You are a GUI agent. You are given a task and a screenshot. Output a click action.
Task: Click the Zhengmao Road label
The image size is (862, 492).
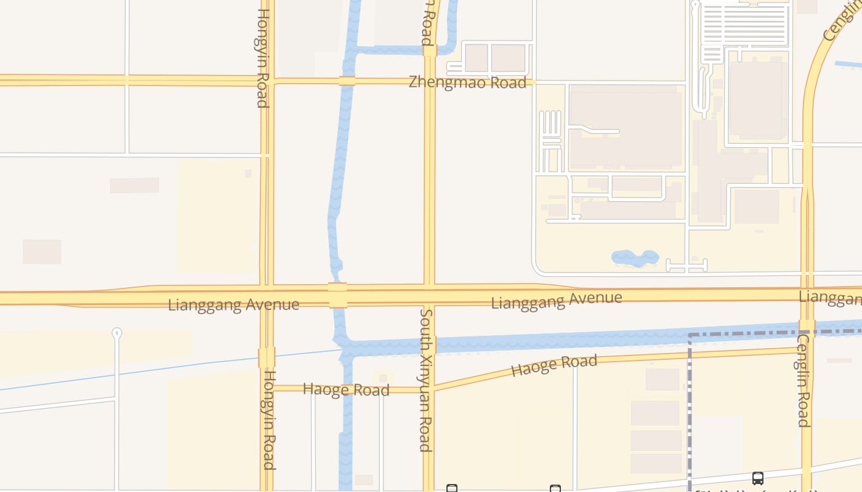(x=467, y=82)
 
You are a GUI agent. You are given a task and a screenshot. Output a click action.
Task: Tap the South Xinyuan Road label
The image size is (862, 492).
(x=425, y=379)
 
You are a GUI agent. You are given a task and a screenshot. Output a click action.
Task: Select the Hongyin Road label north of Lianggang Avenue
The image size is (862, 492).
(x=263, y=58)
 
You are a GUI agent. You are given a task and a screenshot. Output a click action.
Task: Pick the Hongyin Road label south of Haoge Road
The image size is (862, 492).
(x=269, y=420)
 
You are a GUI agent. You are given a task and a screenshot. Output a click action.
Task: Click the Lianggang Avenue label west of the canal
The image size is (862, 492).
(x=233, y=304)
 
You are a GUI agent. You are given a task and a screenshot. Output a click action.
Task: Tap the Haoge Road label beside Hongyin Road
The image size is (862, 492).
(x=346, y=389)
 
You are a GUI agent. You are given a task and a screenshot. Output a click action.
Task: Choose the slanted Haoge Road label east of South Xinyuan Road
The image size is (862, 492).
(x=554, y=365)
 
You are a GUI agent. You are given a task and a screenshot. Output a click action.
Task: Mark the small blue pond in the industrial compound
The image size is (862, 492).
(x=635, y=258)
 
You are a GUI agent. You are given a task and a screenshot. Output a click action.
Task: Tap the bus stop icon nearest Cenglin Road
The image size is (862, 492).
(x=758, y=478)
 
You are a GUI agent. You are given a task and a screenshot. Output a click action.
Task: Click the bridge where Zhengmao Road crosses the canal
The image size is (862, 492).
(x=347, y=81)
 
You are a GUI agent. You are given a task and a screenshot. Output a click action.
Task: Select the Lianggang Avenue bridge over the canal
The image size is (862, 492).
(x=337, y=295)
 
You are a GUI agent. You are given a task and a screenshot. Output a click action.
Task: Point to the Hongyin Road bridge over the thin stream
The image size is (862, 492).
(x=267, y=357)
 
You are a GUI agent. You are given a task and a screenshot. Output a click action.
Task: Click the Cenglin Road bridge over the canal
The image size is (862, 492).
(x=807, y=327)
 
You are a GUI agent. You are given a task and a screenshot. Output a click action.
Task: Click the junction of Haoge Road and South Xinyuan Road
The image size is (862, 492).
(x=429, y=389)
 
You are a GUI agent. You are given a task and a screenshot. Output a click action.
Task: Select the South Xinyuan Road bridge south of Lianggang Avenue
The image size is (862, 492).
(x=430, y=345)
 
